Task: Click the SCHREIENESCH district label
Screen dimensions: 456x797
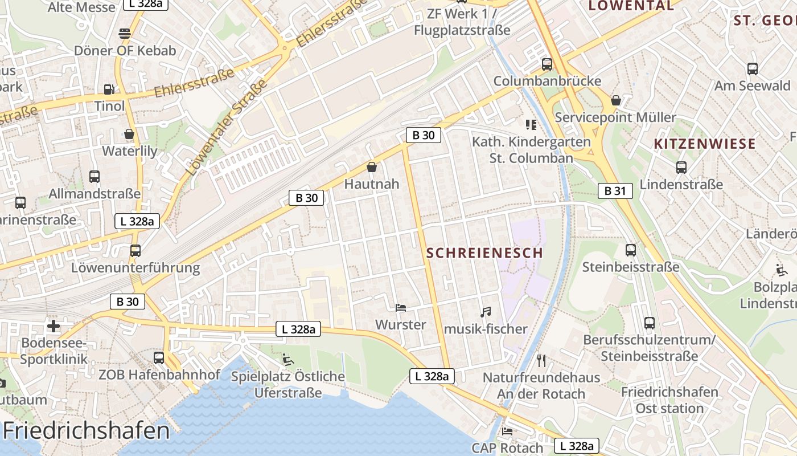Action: tap(484, 253)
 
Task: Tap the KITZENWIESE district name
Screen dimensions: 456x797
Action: tap(705, 144)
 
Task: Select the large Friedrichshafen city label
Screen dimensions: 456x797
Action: tap(87, 430)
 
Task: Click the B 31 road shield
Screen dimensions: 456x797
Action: tap(615, 191)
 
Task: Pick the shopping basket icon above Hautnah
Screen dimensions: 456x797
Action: tap(372, 167)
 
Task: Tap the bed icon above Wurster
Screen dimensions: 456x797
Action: tap(401, 308)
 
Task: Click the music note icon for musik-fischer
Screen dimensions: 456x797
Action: tap(485, 312)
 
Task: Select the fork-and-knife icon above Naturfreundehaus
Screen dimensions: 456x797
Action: tap(541, 360)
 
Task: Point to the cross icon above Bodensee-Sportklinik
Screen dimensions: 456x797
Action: tap(54, 326)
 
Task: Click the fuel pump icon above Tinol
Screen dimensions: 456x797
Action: tap(109, 89)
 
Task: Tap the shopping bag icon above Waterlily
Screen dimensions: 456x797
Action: tap(129, 134)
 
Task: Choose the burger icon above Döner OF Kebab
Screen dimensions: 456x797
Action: tap(125, 33)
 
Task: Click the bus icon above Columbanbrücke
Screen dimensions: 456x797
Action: tap(547, 64)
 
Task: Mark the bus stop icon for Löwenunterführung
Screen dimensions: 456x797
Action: tap(135, 250)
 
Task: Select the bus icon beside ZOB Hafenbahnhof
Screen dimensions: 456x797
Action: tap(159, 358)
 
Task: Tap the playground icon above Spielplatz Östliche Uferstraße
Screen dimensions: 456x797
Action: tap(287, 359)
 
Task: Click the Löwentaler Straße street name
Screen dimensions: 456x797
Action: tap(227, 128)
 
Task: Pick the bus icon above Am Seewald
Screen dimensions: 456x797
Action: tap(752, 69)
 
